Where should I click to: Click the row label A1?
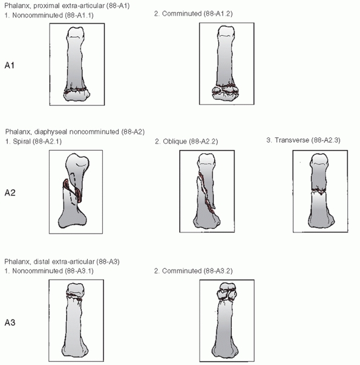10,65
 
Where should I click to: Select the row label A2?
10,192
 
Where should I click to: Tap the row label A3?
10,323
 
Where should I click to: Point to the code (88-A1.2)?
218,14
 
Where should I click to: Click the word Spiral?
22,142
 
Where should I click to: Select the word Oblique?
175,142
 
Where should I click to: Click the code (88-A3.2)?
218,271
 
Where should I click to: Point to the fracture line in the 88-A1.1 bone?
76,91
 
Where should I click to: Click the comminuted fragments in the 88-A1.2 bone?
225,91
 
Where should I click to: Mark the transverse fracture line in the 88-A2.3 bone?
319,191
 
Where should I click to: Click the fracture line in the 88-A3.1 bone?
74,297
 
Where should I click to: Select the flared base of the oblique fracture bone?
207,221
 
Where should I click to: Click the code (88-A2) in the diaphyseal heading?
133,132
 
